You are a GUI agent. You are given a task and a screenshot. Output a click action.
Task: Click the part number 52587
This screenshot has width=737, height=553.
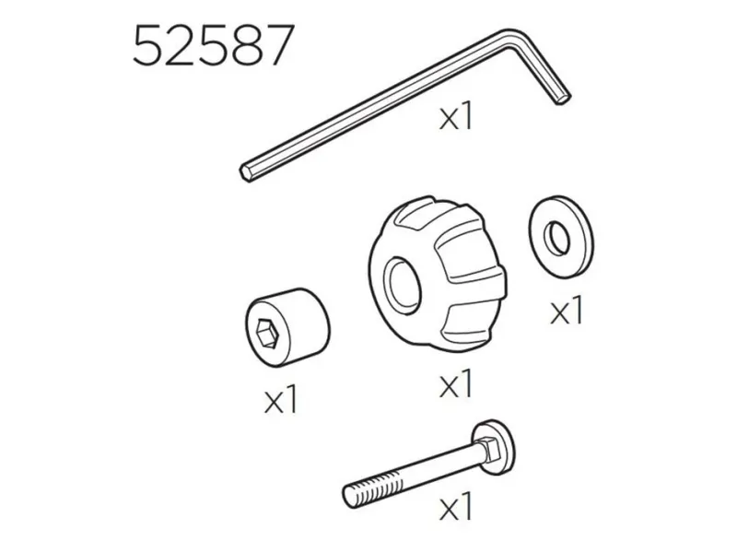coord(214,45)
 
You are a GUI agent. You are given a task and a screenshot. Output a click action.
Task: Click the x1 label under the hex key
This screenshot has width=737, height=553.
coord(455,118)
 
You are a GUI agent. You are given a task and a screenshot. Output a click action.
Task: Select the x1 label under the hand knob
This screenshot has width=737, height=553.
coord(455,384)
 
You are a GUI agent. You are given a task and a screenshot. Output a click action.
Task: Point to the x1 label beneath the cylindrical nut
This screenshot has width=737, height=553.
coord(281,400)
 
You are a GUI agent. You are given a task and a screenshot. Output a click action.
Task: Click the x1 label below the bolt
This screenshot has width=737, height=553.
coord(455,506)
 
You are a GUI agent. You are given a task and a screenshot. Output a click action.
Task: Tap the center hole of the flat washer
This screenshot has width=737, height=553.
coord(556,238)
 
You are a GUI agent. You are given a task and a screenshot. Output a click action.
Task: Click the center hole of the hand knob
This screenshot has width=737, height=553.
coord(401,283)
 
